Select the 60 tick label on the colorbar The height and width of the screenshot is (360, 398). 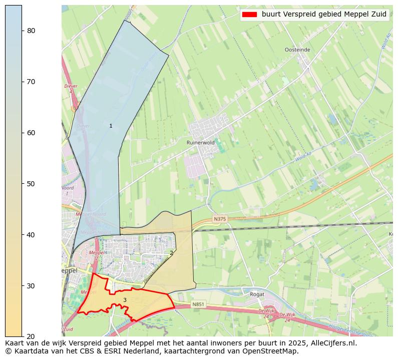coord(31,133)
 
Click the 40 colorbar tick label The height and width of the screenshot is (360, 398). coord(31,235)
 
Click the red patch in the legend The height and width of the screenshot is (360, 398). coord(249,15)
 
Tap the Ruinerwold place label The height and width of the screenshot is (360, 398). coord(200,143)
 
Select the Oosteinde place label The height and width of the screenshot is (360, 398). coord(297,50)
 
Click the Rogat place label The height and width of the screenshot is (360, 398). coord(257,294)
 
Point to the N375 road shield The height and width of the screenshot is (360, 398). coord(220,219)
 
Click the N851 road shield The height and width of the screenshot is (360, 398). coord(198,304)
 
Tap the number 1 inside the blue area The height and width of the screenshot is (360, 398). coord(111,126)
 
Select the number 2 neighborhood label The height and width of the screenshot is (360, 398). coord(171,253)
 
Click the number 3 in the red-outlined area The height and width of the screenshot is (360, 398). coord(125,300)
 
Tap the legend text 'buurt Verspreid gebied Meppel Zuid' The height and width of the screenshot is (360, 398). coord(324,15)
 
